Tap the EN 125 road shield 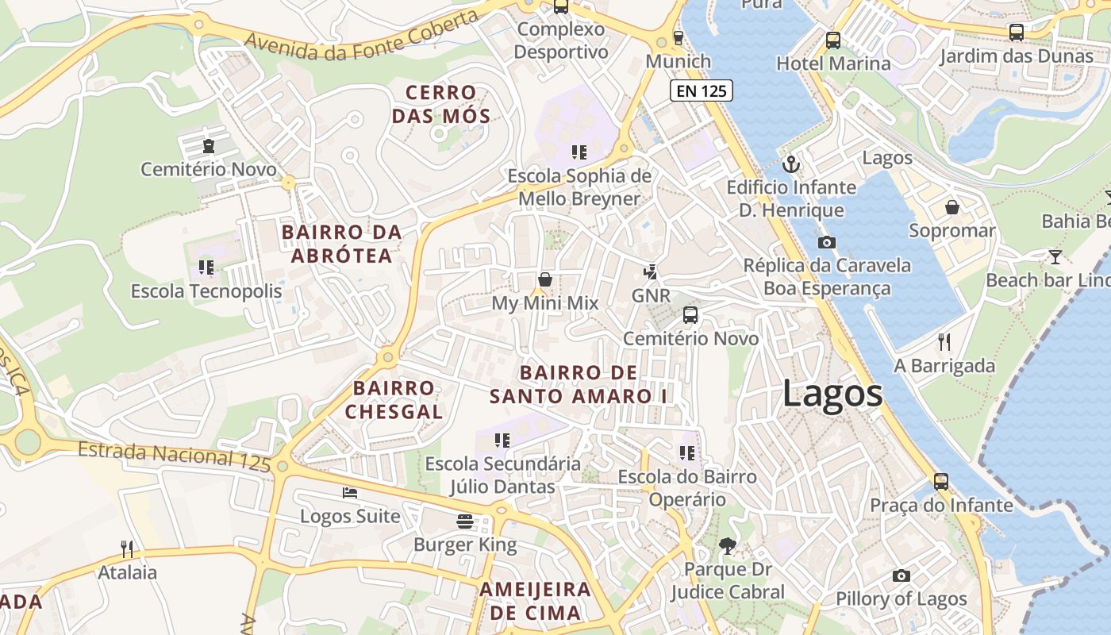coord(702,90)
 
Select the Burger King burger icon coord(465,521)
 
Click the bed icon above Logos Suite coord(350,493)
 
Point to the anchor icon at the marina coord(790,164)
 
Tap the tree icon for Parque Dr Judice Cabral coord(726,545)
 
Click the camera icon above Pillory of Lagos coord(901,575)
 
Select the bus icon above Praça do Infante coord(940,481)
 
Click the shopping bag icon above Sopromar coord(952,207)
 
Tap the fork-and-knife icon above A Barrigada coord(944,342)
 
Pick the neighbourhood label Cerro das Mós coord(441,104)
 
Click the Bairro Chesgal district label coord(394,399)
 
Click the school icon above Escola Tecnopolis coord(206,267)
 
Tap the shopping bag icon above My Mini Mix coord(545,279)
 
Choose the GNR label coord(651,296)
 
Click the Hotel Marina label coord(833,63)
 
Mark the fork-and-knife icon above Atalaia coord(126,548)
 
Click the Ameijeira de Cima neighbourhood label coord(535,601)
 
